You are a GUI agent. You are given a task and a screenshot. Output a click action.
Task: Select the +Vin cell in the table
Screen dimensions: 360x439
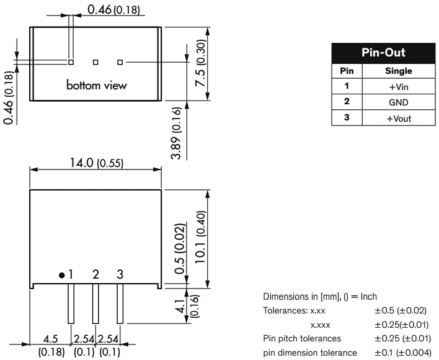tap(399, 87)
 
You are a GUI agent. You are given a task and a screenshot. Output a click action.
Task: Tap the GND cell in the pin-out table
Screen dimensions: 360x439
tap(399, 102)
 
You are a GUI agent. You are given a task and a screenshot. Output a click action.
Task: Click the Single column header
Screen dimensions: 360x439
tap(399, 71)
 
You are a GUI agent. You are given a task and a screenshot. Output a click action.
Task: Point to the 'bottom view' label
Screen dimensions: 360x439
tap(97, 85)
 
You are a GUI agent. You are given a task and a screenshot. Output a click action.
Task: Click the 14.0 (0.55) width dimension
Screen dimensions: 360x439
tap(96, 163)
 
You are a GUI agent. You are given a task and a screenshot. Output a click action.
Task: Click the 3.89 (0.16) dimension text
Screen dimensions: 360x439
tap(176, 133)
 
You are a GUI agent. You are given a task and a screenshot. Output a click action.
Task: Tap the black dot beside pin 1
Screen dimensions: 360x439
tap(61, 274)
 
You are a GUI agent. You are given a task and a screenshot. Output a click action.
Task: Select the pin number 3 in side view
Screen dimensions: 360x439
tap(120, 274)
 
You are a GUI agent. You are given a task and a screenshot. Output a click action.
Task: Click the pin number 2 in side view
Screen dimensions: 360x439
tap(95, 274)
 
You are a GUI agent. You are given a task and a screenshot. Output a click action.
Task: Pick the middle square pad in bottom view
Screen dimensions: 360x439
tap(95, 61)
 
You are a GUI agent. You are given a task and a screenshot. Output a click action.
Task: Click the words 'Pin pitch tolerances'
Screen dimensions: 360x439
tap(301, 339)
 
